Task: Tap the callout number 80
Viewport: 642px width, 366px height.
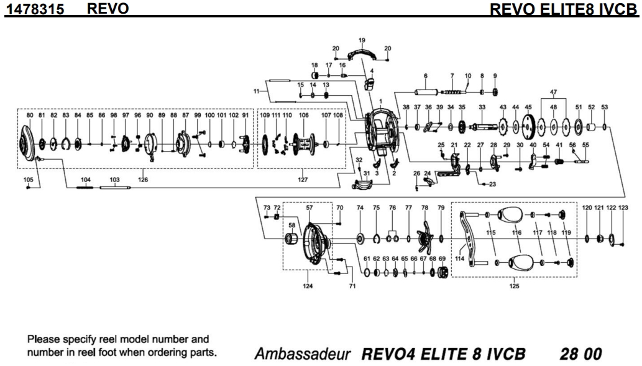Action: pyautogui.click(x=30, y=115)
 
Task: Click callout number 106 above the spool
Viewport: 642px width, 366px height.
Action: pyautogui.click(x=304, y=116)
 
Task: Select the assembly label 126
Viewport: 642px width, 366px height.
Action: pyautogui.click(x=144, y=180)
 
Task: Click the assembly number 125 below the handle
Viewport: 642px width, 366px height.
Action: pyautogui.click(x=515, y=287)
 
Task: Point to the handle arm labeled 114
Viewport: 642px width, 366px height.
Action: pyautogui.click(x=468, y=236)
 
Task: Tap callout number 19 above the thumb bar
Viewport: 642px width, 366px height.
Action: pyautogui.click(x=362, y=40)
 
